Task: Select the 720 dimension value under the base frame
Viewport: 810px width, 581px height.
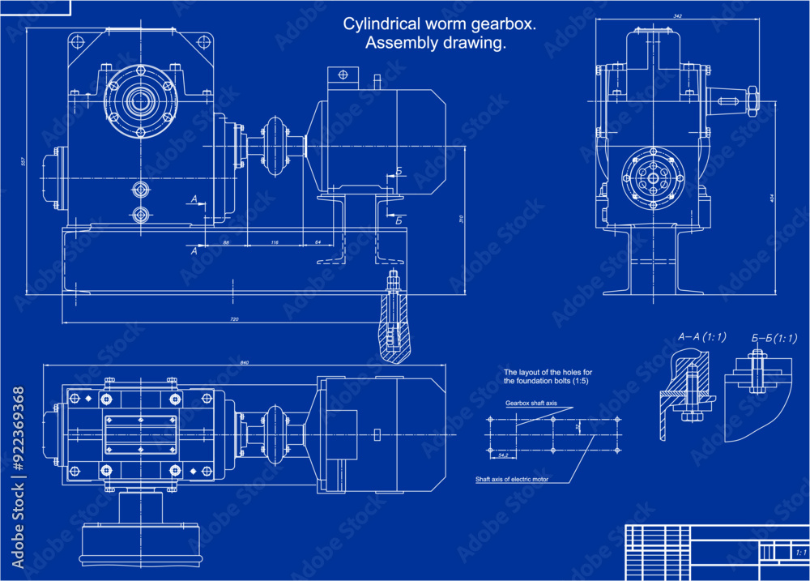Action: (x=234, y=320)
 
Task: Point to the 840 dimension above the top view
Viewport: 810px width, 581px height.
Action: (x=245, y=361)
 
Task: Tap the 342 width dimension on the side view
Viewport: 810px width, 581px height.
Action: (x=676, y=15)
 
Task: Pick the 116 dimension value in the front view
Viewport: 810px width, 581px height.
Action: (x=275, y=242)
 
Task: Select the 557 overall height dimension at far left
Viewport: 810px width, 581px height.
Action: (x=23, y=161)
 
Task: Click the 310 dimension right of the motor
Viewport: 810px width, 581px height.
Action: (x=460, y=220)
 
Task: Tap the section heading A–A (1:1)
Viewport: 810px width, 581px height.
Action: (x=701, y=336)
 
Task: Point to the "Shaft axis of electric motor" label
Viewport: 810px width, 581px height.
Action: (x=512, y=479)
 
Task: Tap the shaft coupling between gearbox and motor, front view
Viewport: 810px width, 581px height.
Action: (x=276, y=145)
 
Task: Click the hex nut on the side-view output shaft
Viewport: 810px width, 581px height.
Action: (x=750, y=101)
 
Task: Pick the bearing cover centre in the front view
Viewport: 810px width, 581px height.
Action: (x=139, y=100)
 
